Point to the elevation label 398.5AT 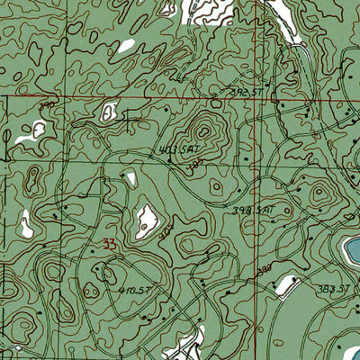pyautogui.click(x=252, y=211)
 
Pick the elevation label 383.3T pyautogui.click(x=334, y=287)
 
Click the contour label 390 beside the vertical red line pyautogui.click(x=263, y=270)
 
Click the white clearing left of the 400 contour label pyautogui.click(x=144, y=220)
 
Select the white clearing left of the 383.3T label pyautogui.click(x=285, y=285)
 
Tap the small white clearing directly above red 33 pyautogui.click(x=130, y=178)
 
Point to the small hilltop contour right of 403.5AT pyautogui.click(x=217, y=187)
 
